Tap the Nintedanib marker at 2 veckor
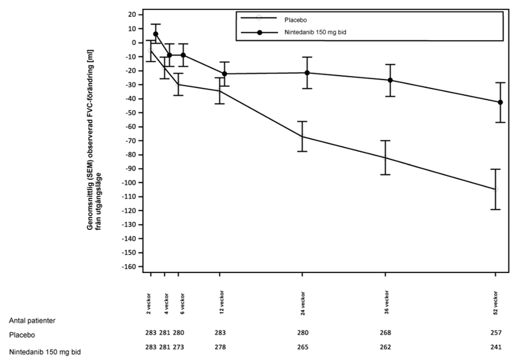pos(155,34)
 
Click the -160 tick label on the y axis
pos(128,266)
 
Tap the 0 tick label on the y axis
pos(133,43)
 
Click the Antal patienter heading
pos(32,321)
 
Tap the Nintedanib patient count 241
pos(496,348)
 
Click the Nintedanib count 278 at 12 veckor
pos(220,348)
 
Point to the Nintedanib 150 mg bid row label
pos(45,352)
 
